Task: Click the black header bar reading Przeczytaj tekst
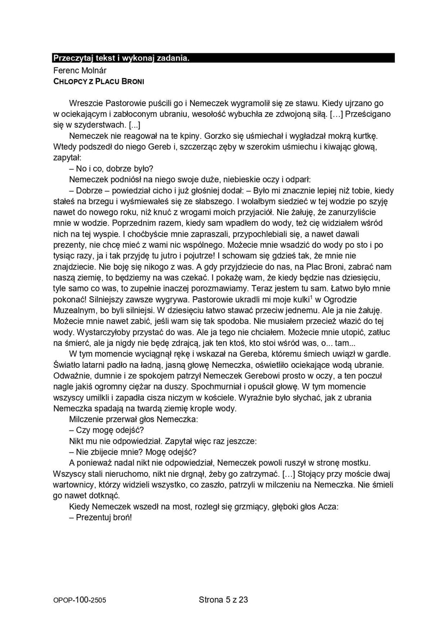[x=223, y=58]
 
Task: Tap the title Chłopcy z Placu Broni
[x=98, y=81]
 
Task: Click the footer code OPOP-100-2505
[x=79, y=600]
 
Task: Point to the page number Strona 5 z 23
[x=223, y=600]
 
